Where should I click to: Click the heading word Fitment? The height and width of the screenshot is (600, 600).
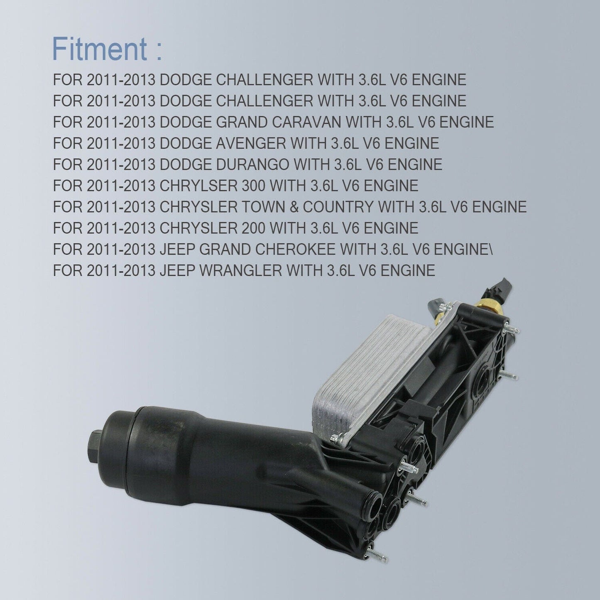(x=99, y=49)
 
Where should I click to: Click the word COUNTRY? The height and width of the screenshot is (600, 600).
(x=338, y=207)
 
